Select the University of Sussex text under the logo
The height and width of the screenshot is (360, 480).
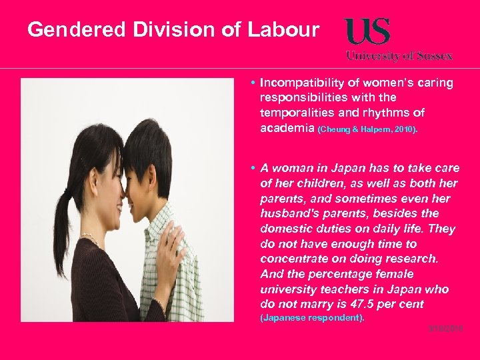pos(399,56)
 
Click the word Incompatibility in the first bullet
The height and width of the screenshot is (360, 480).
pos(300,83)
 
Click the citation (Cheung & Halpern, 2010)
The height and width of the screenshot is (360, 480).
pos(368,129)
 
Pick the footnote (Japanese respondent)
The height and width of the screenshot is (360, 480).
pos(311,318)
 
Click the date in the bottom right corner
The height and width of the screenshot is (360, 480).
pos(448,329)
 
